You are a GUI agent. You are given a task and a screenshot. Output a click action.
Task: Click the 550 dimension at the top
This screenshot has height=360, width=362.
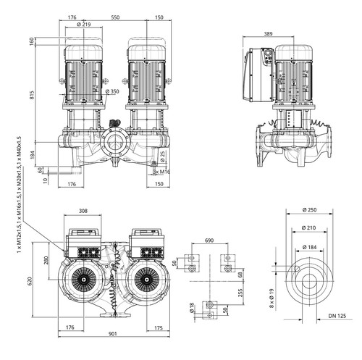point(115,17)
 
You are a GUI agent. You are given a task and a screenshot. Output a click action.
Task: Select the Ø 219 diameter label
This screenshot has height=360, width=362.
point(83,25)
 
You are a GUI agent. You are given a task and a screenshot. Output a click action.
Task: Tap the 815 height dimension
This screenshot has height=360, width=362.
point(32,95)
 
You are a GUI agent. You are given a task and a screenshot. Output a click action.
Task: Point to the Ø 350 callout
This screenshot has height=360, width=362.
point(112,91)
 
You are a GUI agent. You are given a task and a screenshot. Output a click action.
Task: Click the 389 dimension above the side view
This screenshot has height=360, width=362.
point(268,34)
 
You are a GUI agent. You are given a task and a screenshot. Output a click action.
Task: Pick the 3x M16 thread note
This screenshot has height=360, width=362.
point(161,172)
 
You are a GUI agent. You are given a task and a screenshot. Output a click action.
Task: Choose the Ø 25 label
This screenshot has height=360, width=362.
point(163,156)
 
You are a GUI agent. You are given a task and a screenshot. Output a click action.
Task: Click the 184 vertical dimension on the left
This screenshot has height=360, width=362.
point(32,155)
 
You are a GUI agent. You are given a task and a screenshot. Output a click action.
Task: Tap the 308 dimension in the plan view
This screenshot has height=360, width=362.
point(83,211)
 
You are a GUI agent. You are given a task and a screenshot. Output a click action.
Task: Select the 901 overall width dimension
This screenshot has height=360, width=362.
point(112,333)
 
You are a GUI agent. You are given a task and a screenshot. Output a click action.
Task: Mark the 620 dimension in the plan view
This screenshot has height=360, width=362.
point(30,280)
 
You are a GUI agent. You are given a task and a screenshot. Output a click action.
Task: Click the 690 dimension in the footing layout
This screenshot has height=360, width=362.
point(209,240)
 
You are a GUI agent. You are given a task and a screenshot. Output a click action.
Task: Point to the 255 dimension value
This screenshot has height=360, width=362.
point(240,293)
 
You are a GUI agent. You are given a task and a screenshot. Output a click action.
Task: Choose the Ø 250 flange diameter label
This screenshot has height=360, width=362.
point(309,210)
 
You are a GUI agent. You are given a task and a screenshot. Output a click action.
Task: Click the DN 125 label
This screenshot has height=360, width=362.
point(337,316)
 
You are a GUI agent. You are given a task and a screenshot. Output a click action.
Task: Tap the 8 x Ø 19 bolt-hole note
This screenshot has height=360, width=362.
point(271,298)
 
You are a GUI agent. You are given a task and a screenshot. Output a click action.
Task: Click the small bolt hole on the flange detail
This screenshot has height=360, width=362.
point(297,268)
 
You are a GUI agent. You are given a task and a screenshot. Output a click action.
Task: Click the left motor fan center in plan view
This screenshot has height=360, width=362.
point(84,280)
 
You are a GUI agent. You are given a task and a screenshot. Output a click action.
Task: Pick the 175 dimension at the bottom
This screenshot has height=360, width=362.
point(159,327)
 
